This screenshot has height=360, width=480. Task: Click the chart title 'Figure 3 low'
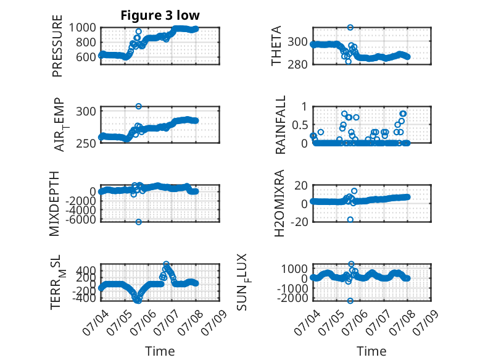coord(160,15)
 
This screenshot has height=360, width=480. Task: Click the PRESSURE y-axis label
coord(57,46)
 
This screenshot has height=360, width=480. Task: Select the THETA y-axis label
coord(276,46)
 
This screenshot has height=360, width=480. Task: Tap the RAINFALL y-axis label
coord(280,125)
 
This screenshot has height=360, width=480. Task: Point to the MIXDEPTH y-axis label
coord(54,204)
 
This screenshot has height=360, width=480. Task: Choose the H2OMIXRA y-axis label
coord(279,203)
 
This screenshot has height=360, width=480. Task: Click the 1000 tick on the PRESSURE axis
coord(82,28)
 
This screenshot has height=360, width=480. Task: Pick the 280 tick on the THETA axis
coord(297,65)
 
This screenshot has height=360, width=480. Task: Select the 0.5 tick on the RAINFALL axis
coord(299,125)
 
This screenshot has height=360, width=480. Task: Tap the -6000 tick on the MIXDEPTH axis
coord(80,219)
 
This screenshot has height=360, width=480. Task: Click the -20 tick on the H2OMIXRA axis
coord(299,222)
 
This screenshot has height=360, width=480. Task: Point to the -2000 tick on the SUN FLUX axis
coord(292,298)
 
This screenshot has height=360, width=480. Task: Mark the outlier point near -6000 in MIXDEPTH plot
coord(139,222)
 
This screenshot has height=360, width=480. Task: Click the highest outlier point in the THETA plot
coord(350,27)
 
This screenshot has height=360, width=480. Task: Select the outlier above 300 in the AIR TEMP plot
coord(139,106)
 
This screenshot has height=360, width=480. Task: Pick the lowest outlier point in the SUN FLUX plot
coord(350,301)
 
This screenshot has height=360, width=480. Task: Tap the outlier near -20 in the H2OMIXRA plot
coord(350,219)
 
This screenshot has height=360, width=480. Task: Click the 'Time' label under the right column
coord(371,351)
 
